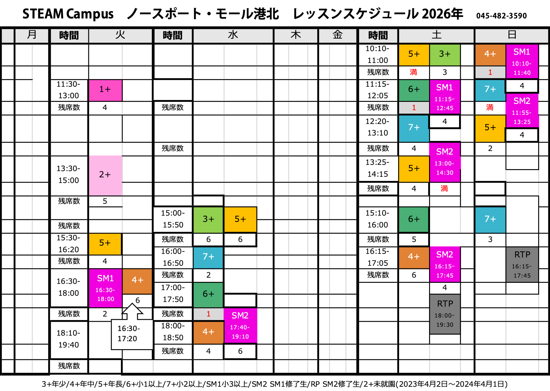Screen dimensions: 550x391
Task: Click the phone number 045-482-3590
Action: [x=501, y=16]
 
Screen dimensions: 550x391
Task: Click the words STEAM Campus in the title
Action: [x=68, y=14]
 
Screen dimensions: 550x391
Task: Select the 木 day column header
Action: [x=296, y=35]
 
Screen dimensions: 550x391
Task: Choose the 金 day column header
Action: [x=337, y=35]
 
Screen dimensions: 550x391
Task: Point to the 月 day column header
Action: [x=32, y=35]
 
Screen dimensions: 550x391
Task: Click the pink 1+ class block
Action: [x=105, y=90]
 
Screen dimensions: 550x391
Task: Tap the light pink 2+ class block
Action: [x=105, y=175]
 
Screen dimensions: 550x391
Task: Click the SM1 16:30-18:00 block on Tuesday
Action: [x=105, y=288]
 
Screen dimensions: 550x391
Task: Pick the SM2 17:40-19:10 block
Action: [x=240, y=326]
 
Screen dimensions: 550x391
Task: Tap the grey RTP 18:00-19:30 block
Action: [x=445, y=314]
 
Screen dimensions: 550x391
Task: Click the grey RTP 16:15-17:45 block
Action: [x=522, y=264]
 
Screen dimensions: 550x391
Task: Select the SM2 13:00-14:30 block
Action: [x=445, y=162]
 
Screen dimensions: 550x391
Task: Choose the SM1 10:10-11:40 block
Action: [x=522, y=62]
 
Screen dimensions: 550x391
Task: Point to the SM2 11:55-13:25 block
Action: [x=522, y=110]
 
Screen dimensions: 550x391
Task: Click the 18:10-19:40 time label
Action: [x=69, y=339]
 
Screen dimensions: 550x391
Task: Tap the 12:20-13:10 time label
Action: [x=377, y=127]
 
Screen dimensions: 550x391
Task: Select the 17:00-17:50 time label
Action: [x=173, y=293]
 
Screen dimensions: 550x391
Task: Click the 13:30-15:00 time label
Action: [x=69, y=174]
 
